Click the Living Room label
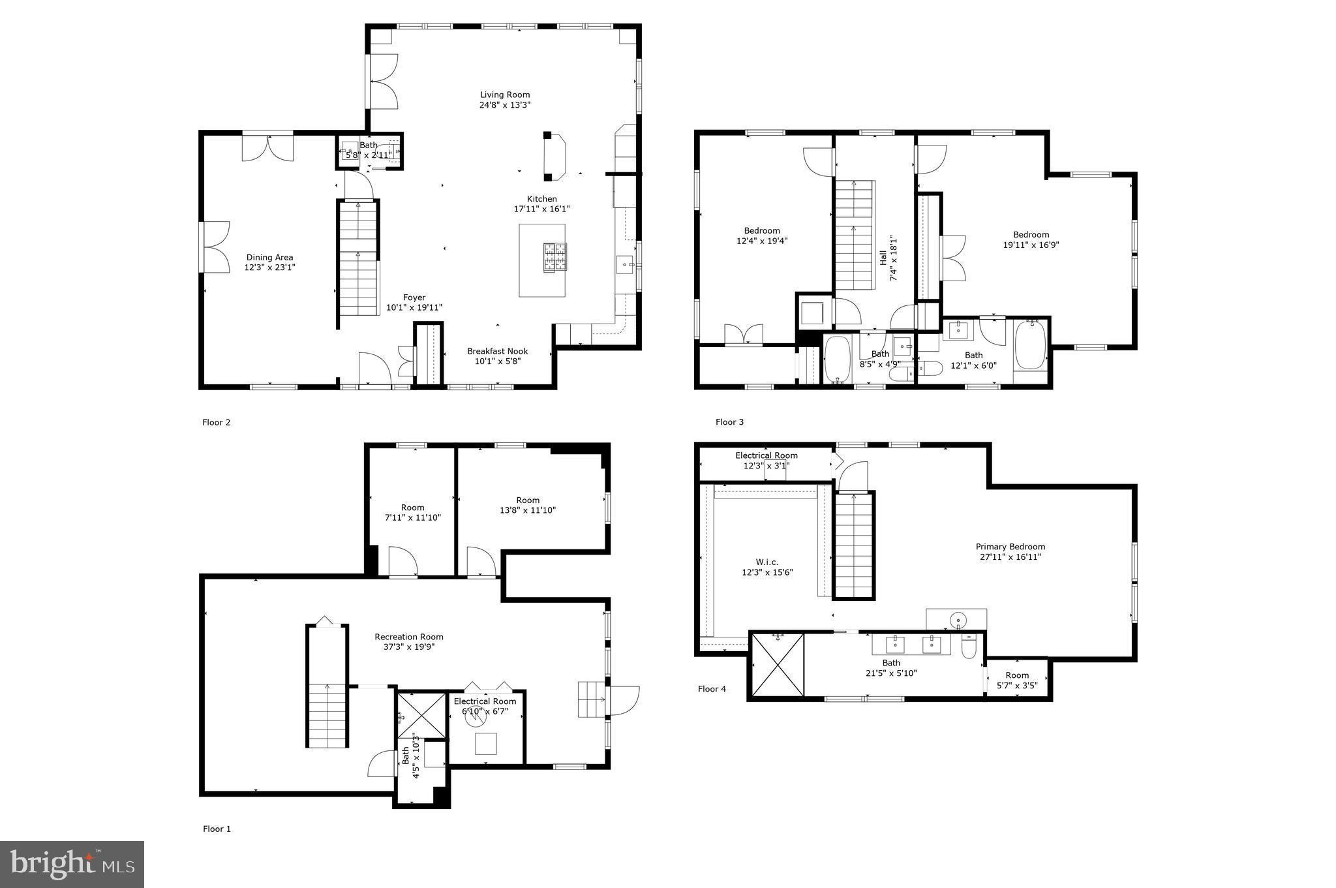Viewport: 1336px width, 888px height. [x=505, y=95]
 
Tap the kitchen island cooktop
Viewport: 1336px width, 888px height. [x=555, y=257]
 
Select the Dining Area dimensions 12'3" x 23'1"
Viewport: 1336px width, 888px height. [x=270, y=268]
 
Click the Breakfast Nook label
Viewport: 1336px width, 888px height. [x=497, y=351]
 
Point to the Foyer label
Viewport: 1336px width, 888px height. [x=414, y=298]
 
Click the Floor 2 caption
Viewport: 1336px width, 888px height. [x=216, y=422]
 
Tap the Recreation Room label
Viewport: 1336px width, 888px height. [x=409, y=637]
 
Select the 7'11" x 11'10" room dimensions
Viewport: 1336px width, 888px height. [x=413, y=517]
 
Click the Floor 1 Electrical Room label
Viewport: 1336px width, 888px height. [x=485, y=701]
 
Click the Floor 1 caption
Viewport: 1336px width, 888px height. [x=217, y=829]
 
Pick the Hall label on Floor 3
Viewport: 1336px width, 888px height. [x=883, y=257]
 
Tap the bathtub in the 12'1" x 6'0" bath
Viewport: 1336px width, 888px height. [x=1030, y=345]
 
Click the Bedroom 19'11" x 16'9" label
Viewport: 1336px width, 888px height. [x=1031, y=235]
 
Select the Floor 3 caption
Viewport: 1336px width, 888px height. [x=729, y=422]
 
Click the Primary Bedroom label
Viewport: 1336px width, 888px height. [x=1010, y=547]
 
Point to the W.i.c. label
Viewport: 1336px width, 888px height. [x=767, y=562]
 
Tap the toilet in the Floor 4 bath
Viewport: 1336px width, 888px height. [x=969, y=647]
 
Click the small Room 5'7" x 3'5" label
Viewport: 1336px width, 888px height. [x=1017, y=675]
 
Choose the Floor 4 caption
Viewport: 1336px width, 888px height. [x=712, y=689]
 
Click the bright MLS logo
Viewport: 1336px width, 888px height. [x=72, y=865]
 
